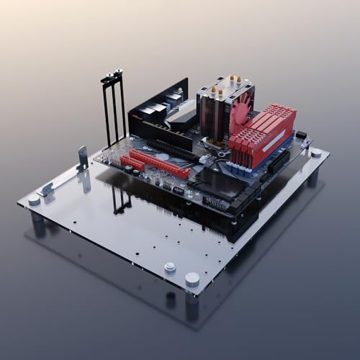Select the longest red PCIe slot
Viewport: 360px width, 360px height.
click(159, 163)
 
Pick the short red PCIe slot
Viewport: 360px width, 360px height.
click(132, 163)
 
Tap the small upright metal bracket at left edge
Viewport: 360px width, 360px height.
click(82, 158)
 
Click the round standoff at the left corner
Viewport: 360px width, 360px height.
click(34, 199)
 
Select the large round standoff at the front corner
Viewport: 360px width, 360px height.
click(192, 279)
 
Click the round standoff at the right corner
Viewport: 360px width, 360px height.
click(315, 153)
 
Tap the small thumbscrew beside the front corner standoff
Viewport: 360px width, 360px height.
click(170, 267)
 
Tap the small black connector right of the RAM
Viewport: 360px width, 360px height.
click(301, 135)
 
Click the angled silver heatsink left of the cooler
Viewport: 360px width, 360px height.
click(181, 113)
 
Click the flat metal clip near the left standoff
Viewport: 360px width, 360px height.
click(47, 189)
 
